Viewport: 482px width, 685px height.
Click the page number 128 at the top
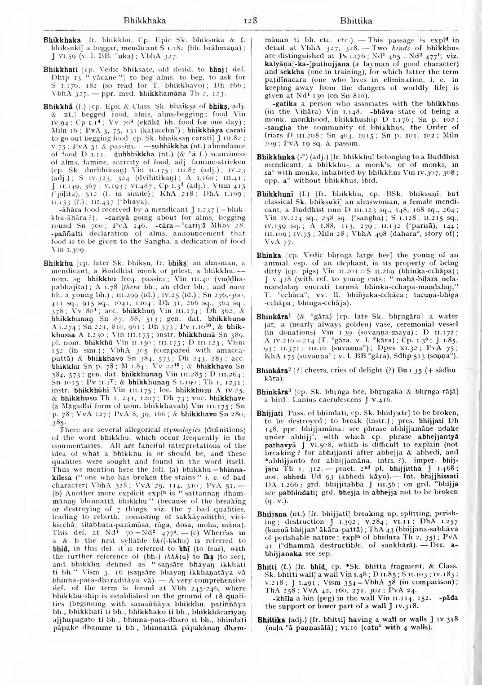coord(238,20)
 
